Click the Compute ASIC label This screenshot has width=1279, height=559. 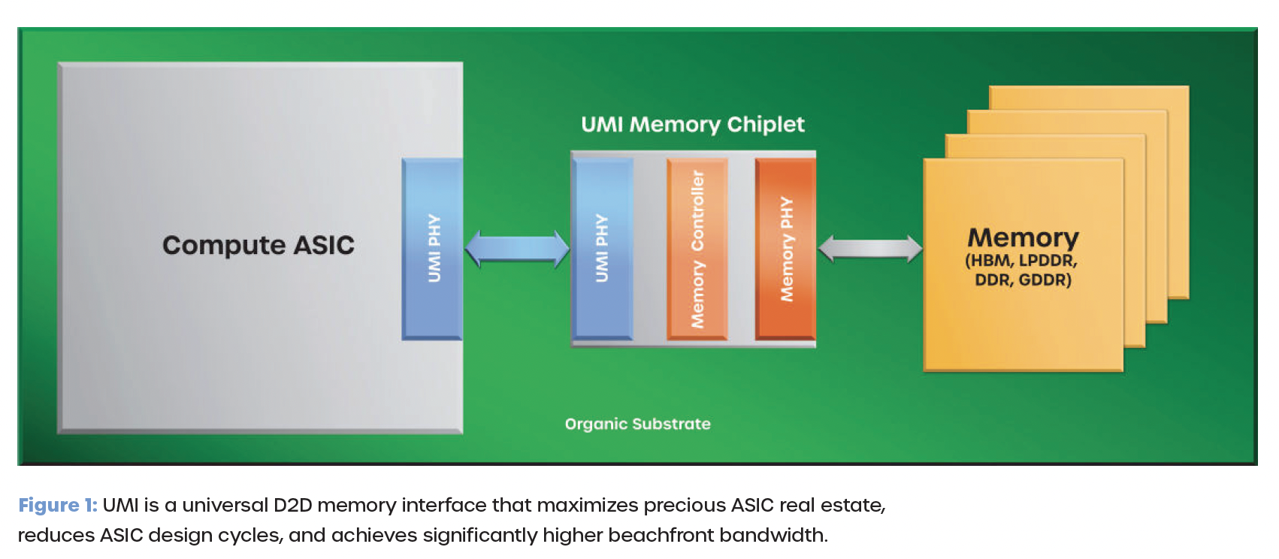coord(258,246)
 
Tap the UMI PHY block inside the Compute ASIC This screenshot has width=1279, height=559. coord(432,249)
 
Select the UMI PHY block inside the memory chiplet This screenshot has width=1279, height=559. coord(603,249)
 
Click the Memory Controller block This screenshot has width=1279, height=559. coord(697,249)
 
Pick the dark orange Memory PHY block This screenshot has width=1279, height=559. coord(786,249)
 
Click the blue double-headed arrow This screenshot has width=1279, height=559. coord(517,249)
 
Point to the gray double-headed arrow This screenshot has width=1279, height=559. coord(869,249)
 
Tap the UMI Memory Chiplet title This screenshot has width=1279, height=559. coord(693,125)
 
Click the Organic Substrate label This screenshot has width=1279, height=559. coord(638,425)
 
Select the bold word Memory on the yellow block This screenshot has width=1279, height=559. coord(1024,238)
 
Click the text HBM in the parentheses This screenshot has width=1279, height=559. coord(990,261)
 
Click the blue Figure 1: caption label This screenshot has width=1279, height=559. coord(58,506)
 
